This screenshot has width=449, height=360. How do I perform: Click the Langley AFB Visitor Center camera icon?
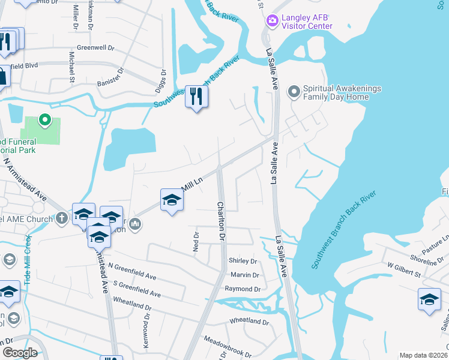[x=272, y=21]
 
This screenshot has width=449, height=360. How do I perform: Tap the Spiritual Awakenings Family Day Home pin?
[x=294, y=92]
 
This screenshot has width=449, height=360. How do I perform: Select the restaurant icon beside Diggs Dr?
[x=196, y=97]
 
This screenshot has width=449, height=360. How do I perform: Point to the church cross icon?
[x=62, y=219]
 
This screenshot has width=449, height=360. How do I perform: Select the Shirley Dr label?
[x=243, y=261]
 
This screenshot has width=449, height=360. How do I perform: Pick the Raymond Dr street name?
[x=241, y=289]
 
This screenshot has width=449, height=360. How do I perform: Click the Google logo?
[x=20, y=352]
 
